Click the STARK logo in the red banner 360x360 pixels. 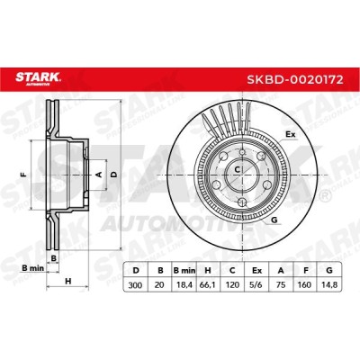pos(38,78)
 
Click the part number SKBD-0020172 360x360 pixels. pos(295,80)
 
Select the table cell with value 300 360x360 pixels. pos(135,284)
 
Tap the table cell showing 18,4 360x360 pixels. pos(184,284)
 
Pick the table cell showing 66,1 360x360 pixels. pos(208,284)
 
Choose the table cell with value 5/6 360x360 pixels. pos(256,284)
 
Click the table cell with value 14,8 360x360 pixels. pos(329,284)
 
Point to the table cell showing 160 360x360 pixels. pos(305,284)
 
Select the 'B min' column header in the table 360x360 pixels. pos(184,271)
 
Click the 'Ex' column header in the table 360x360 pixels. pos(256,271)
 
